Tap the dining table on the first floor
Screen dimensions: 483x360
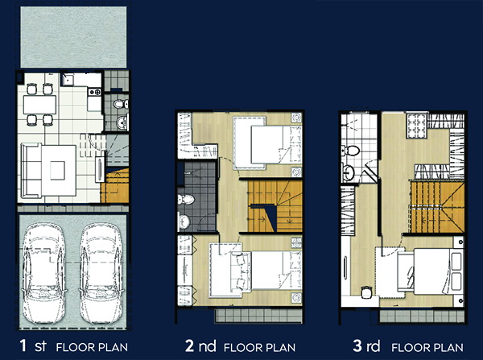[x=39, y=105]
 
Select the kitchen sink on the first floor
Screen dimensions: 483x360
[x=67, y=80]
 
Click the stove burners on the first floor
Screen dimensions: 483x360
[x=94, y=92]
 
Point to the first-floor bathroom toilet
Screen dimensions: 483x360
[x=121, y=104]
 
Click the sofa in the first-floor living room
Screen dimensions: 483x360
[x=31, y=171]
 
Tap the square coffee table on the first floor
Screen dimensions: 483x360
[x=58, y=171]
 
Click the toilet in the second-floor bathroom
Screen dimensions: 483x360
[x=186, y=200]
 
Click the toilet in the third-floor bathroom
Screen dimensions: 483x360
[x=350, y=151]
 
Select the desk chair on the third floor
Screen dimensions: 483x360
[x=366, y=292]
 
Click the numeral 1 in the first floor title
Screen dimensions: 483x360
[x=23, y=346]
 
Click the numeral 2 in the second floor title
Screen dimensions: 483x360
[x=189, y=346]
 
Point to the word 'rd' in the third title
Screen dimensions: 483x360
[x=374, y=346]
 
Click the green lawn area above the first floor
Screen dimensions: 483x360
[x=73, y=37]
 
